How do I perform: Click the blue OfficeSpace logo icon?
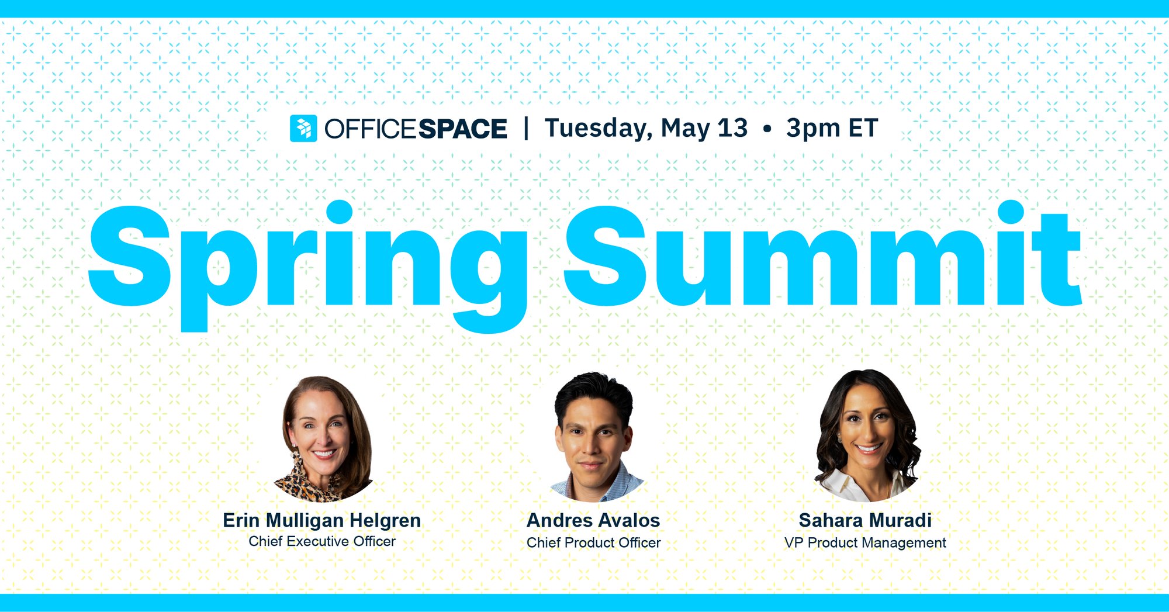click(303, 128)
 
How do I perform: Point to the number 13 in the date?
click(733, 128)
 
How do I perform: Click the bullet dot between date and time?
click(767, 129)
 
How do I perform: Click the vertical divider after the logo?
click(527, 129)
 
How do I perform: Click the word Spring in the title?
click(308, 266)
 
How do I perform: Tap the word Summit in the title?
click(824, 254)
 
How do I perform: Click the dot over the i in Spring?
click(340, 212)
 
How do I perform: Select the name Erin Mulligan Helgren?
click(322, 520)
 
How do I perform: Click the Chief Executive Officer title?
click(322, 541)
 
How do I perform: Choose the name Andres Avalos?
click(593, 520)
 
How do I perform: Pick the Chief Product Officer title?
click(593, 542)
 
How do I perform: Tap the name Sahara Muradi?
click(865, 520)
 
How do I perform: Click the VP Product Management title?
click(865, 543)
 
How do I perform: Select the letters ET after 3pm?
click(863, 128)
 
